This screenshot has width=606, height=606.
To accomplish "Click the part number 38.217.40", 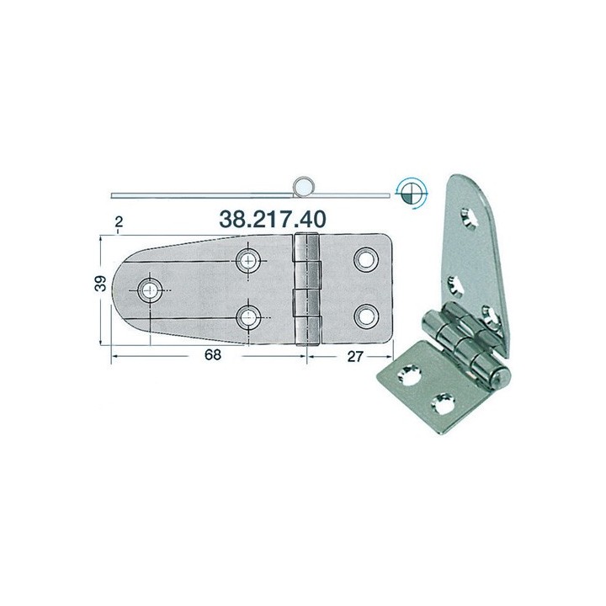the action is click(x=273, y=219).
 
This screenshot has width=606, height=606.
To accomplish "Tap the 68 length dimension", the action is click(x=213, y=354).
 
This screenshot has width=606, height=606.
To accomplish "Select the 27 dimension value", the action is click(x=355, y=356).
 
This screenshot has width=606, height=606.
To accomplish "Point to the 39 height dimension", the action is click(x=100, y=284).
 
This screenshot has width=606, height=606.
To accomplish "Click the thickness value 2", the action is click(x=119, y=221).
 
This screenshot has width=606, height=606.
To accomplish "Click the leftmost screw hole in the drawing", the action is click(x=150, y=290).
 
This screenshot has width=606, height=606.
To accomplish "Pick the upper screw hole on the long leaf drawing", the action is click(x=248, y=260).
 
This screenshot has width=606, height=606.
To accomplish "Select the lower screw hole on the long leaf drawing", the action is click(x=248, y=317).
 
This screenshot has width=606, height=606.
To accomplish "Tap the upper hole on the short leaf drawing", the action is click(x=365, y=259).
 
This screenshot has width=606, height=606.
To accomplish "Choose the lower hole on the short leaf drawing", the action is click(x=365, y=316).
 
